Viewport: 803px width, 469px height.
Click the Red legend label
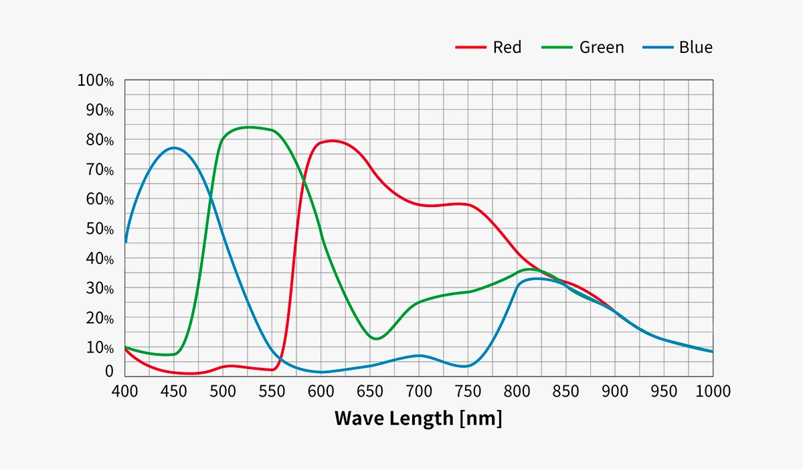[x=507, y=47]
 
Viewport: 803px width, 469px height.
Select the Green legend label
[x=602, y=47]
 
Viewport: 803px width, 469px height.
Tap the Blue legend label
[x=695, y=47]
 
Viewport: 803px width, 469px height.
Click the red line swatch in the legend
[x=470, y=48]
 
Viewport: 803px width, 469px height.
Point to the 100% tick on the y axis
[x=96, y=81]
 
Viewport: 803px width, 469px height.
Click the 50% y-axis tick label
[x=99, y=228]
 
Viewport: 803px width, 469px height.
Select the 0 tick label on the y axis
[x=109, y=371]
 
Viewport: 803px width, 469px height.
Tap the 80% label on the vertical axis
[x=99, y=140]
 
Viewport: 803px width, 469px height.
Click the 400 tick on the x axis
[x=125, y=391]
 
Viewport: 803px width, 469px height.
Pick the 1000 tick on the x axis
[x=712, y=391]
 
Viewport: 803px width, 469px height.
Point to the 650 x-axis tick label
[x=370, y=391]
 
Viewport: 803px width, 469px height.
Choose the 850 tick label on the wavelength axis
[x=565, y=391]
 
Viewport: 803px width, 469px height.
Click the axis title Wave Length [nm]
[x=418, y=418]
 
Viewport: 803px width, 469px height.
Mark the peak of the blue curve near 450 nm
[x=174, y=147]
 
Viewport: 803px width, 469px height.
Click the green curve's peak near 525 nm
[x=249, y=127]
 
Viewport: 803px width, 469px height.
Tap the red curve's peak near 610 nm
[x=333, y=141]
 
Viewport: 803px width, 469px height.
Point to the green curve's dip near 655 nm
[x=376, y=339]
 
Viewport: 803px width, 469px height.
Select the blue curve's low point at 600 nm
[x=321, y=372]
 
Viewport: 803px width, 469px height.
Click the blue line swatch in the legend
[x=657, y=48]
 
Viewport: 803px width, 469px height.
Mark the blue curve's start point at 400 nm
[x=125, y=242]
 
